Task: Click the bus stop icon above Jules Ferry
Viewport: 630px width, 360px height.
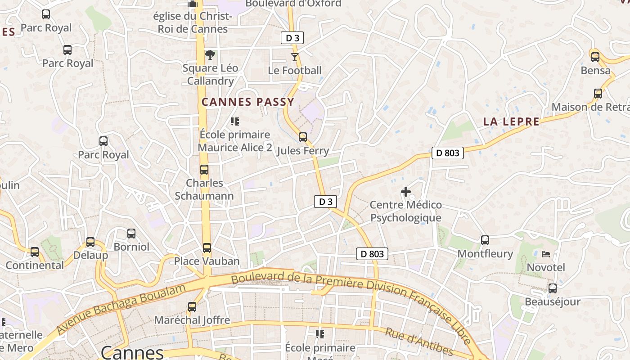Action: pos(303,137)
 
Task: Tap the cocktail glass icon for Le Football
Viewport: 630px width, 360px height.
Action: pos(295,57)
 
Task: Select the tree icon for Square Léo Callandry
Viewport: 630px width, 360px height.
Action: pos(210,55)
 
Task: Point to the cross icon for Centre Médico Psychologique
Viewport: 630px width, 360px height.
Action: pos(405,192)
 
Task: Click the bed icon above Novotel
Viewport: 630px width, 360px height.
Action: pos(546,254)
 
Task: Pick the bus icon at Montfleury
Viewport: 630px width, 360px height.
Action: pos(485,240)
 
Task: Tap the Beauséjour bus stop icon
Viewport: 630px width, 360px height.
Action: pos(552,288)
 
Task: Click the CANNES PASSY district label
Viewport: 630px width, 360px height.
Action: pos(247,102)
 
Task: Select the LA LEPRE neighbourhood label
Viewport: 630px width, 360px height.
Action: pos(511,121)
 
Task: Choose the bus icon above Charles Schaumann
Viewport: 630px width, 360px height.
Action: pos(204,170)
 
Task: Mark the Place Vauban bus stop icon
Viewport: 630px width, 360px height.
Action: pos(207,248)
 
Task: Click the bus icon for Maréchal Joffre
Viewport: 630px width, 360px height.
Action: pos(192,307)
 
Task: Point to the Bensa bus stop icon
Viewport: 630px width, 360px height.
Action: pos(595,57)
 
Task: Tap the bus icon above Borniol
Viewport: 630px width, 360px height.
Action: pos(131,234)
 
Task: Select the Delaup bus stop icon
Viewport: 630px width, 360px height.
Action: pos(90,242)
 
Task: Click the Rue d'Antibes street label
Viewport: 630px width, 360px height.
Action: pos(418,342)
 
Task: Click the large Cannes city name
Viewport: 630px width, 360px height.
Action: pos(132,352)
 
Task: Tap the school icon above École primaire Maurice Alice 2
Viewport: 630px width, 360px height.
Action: pos(234,121)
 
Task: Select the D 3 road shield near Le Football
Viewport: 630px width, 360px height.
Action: pos(292,38)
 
